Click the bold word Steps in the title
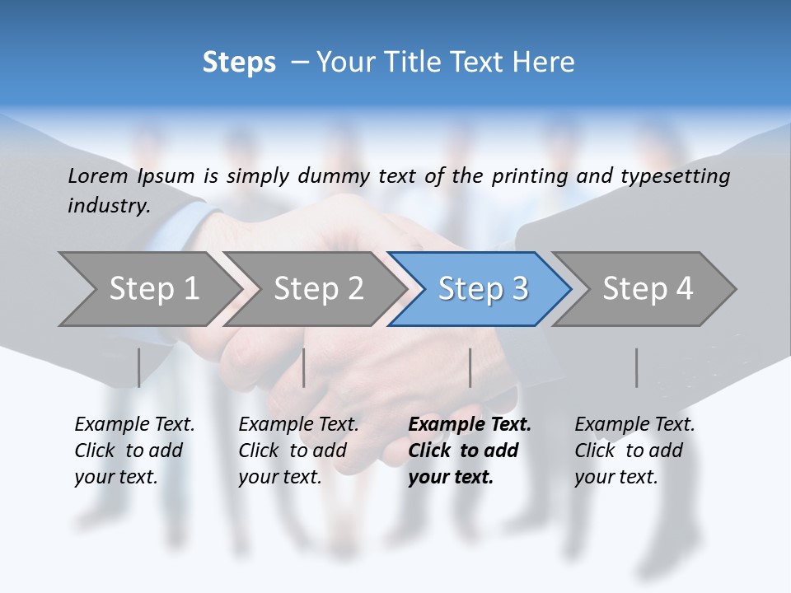[x=239, y=63]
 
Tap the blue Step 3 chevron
[x=482, y=289]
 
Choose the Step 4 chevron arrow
[x=647, y=289]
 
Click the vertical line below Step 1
[x=138, y=367]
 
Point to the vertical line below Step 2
[x=304, y=367]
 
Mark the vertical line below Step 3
[x=470, y=367]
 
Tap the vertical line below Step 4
[x=636, y=367]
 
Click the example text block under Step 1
[x=134, y=451]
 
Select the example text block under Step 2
[x=298, y=451]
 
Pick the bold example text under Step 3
[x=470, y=451]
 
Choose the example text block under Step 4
[x=634, y=451]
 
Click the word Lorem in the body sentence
[x=98, y=176]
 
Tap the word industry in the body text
[x=108, y=206]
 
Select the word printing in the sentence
[x=527, y=176]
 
